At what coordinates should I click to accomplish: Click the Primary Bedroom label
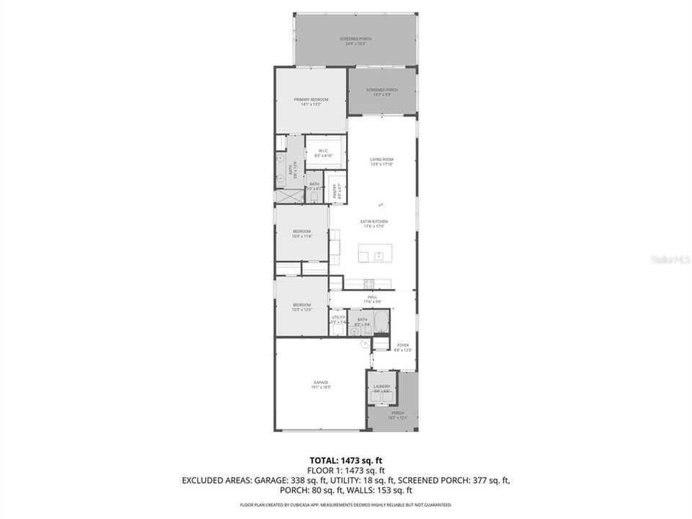[x=311, y=99]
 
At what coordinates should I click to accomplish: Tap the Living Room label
[x=382, y=159]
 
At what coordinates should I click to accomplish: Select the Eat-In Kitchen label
[x=374, y=221]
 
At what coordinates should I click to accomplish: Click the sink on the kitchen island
[x=378, y=254]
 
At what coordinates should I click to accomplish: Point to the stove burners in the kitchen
[x=370, y=283]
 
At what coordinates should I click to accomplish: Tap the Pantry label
[x=334, y=191]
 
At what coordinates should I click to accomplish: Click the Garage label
[x=321, y=382]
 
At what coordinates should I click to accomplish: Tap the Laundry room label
[x=381, y=387]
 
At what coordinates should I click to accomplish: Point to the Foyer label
[x=403, y=345]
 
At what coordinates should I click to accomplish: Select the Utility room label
[x=338, y=317]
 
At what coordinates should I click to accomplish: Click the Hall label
[x=373, y=296]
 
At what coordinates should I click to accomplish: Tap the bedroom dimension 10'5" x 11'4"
[x=301, y=236]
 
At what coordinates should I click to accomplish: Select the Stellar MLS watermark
[x=670, y=258]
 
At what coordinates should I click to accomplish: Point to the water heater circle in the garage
[x=365, y=344]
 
